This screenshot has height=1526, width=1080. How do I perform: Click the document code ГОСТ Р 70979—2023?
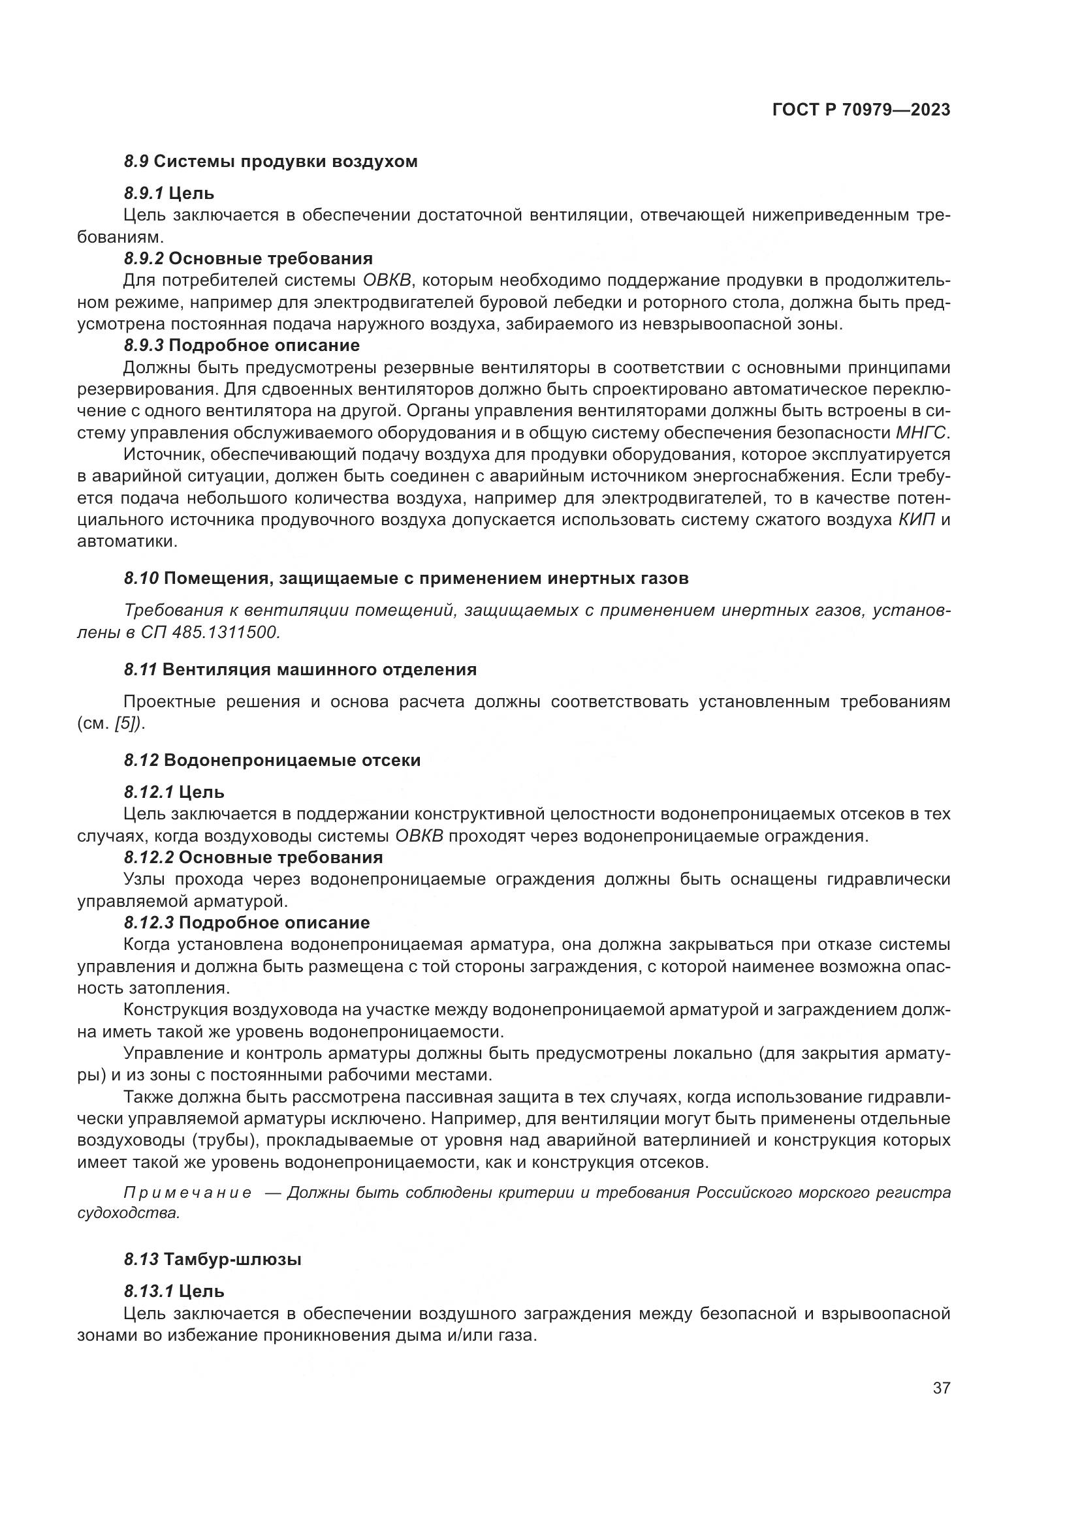(861, 110)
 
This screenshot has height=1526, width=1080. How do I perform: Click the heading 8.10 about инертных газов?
(405, 578)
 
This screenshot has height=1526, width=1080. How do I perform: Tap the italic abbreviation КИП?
(916, 520)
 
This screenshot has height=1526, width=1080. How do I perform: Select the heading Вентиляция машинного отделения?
(319, 669)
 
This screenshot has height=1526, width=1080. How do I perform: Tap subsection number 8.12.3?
(148, 923)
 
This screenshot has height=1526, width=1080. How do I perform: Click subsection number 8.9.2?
(144, 258)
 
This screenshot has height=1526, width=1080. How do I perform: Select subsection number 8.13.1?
(148, 1291)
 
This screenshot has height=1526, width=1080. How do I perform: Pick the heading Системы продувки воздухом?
(286, 162)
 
